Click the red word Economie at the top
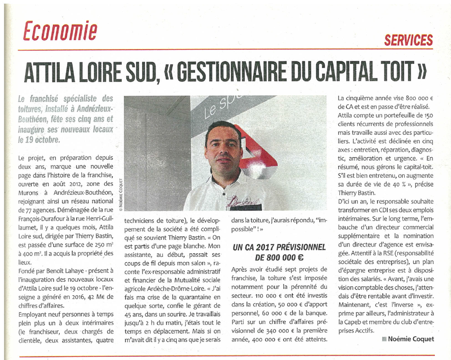60,31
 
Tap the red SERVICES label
408,40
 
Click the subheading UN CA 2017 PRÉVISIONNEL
279,247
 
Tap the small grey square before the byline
384,339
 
